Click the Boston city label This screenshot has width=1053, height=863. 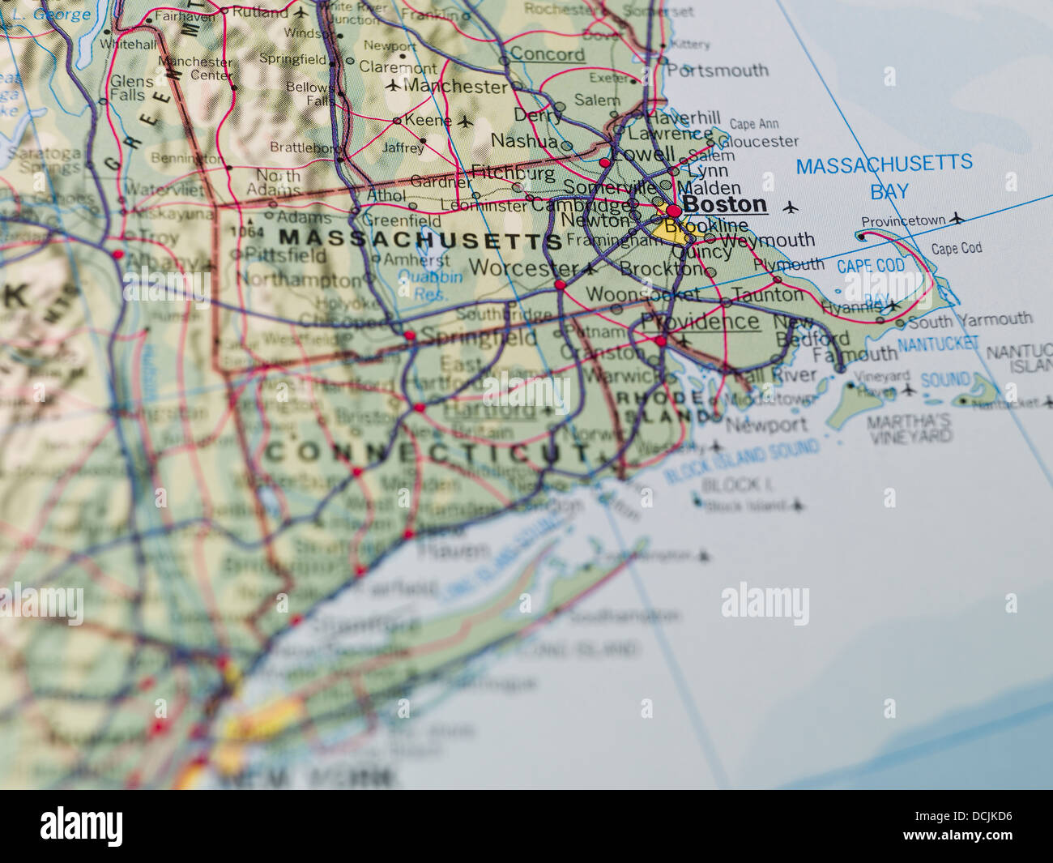[x=724, y=203]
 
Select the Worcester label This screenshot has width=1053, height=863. [x=522, y=267]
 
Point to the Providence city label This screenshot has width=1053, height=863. [x=700, y=322]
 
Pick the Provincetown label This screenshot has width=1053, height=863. [x=902, y=221]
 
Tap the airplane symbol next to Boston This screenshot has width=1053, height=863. [x=791, y=207]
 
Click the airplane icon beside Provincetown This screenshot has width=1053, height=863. [x=957, y=218]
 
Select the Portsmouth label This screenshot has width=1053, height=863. [x=718, y=70]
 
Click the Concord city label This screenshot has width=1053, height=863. [x=547, y=54]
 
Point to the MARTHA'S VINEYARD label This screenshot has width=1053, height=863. [x=909, y=429]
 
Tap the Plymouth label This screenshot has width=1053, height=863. [x=788, y=264]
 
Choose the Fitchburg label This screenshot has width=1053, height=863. [x=513, y=173]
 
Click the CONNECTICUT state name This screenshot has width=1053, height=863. [x=428, y=451]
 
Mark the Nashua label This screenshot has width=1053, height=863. [x=524, y=141]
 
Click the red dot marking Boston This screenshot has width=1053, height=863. [x=673, y=211]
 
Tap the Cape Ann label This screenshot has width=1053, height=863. [x=753, y=124]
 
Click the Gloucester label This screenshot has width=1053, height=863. [x=757, y=141]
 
